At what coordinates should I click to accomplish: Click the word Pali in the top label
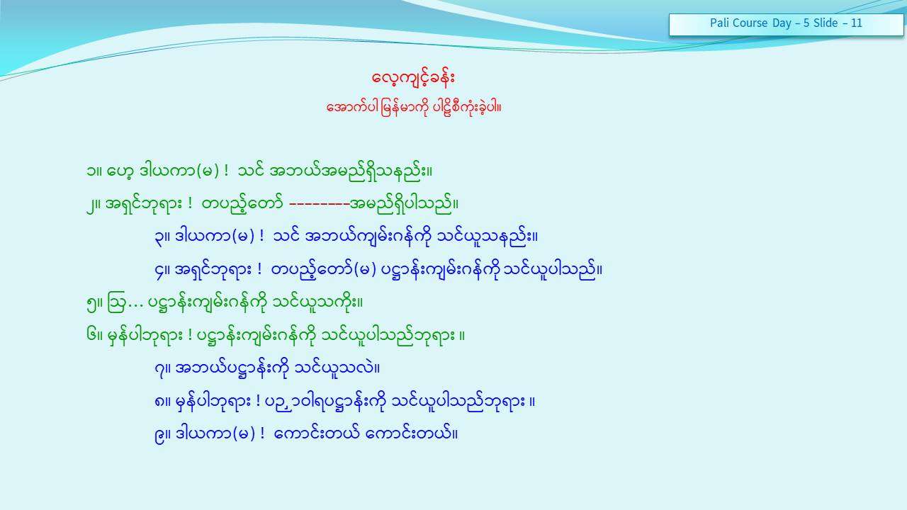click(x=719, y=23)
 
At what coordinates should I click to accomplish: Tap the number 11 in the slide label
click(x=857, y=23)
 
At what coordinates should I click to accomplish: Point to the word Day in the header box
click(x=782, y=23)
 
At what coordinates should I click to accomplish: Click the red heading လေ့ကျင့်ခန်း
click(x=413, y=77)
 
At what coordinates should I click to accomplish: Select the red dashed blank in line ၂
click(x=320, y=204)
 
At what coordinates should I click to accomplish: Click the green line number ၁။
click(x=94, y=171)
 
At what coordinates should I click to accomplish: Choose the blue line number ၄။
click(x=162, y=271)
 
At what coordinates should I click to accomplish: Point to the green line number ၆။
click(x=94, y=336)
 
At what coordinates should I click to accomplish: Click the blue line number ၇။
click(x=162, y=370)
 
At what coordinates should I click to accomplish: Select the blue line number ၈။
click(x=162, y=402)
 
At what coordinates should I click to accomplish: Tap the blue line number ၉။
click(x=162, y=436)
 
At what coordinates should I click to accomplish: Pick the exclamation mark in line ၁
click(x=226, y=171)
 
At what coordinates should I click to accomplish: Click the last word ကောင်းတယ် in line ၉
click(x=408, y=434)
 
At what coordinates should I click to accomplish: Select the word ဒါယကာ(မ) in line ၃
click(x=215, y=237)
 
